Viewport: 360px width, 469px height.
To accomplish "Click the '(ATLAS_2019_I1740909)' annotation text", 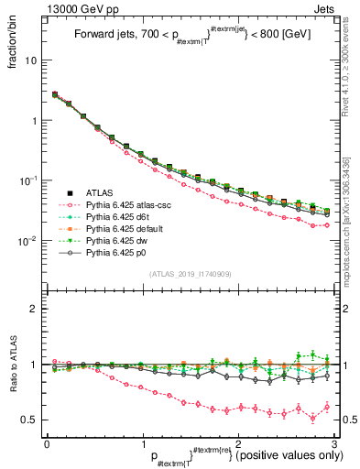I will [189, 275].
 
